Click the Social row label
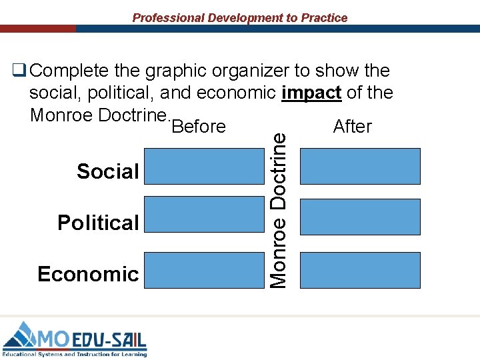pyautogui.click(x=108, y=171)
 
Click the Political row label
pyautogui.click(x=98, y=222)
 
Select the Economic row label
pyautogui.click(x=89, y=274)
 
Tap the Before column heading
pyautogui.click(x=199, y=127)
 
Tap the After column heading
pyautogui.click(x=352, y=126)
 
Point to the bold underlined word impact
pyautogui.click(x=311, y=93)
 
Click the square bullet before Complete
pyautogui.click(x=19, y=69)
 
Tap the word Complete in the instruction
pyautogui.click(x=68, y=70)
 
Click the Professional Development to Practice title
pyautogui.click(x=240, y=18)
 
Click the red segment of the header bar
pyautogui.click(x=37, y=29)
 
